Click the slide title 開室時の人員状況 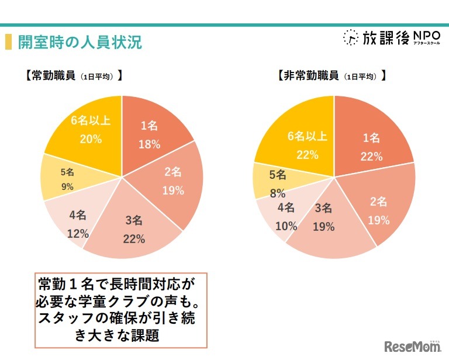pos(80,43)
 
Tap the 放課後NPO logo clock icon pos(350,37)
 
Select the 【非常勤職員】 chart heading pos(331,75)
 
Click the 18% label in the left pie pos(149,144)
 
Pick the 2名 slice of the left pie pos(173,181)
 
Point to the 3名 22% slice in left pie pos(133,229)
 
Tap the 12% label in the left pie pos(78,234)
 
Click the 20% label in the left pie pos(91,139)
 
